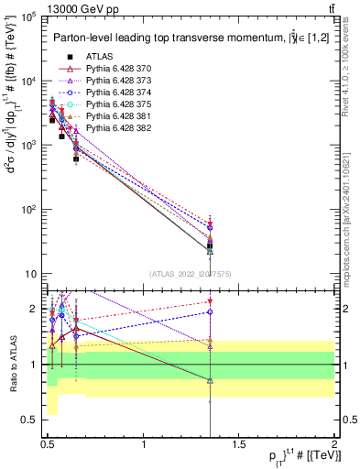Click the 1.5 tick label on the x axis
(x=239, y=445)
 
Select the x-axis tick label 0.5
(x=49, y=445)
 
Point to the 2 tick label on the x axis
(x=333, y=445)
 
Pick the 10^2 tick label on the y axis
(x=28, y=210)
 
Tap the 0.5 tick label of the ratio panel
(x=30, y=420)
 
